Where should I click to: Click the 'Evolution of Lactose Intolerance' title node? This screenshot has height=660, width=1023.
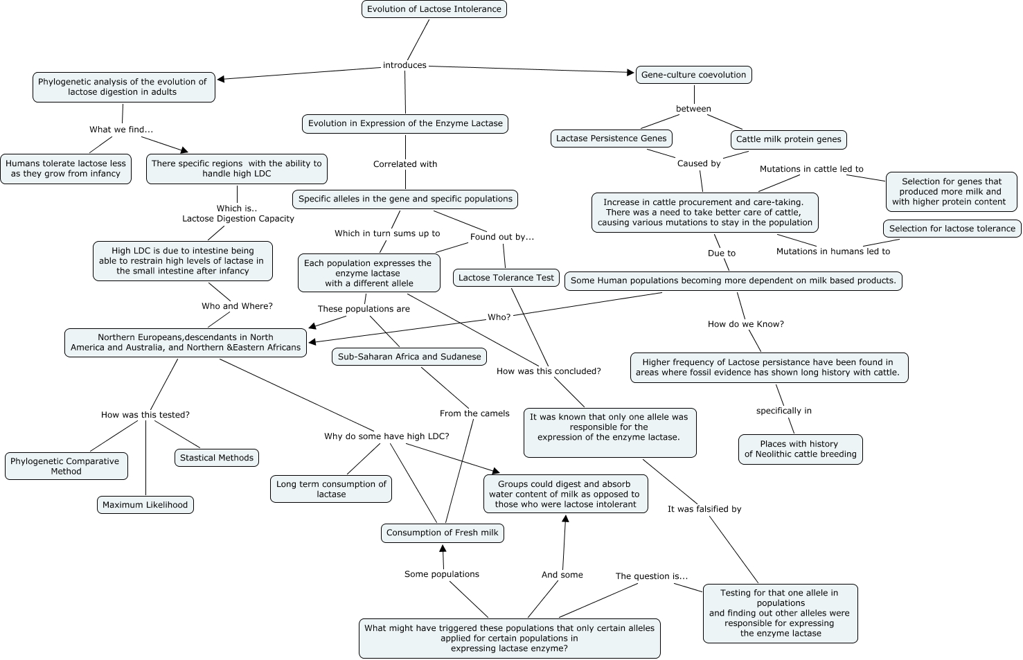pyautogui.click(x=434, y=9)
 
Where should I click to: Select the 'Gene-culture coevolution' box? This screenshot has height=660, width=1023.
pyautogui.click(x=693, y=75)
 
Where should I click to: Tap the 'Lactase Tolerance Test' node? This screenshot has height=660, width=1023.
pyautogui.click(x=506, y=278)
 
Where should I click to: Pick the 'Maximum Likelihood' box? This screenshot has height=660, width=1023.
pyautogui.click(x=145, y=505)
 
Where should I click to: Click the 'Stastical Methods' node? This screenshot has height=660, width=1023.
pyautogui.click(x=217, y=458)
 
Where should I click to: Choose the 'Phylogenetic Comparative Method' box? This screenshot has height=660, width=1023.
pyautogui.click(x=66, y=466)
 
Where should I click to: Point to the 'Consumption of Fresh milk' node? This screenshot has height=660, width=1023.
pyautogui.click(x=442, y=533)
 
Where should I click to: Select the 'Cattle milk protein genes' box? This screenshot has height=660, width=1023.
pyautogui.click(x=788, y=139)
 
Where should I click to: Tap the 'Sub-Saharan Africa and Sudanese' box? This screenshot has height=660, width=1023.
pyautogui.click(x=409, y=357)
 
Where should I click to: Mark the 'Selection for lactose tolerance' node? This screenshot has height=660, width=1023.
pyautogui.click(x=952, y=229)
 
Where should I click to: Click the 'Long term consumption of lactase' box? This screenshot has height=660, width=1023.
pyautogui.click(x=331, y=489)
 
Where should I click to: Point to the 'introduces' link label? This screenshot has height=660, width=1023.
pyautogui.click(x=404, y=65)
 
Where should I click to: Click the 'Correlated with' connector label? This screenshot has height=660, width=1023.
pyautogui.click(x=405, y=164)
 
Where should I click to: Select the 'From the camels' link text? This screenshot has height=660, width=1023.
pyautogui.click(x=474, y=413)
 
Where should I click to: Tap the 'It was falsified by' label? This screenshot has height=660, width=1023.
pyautogui.click(x=704, y=509)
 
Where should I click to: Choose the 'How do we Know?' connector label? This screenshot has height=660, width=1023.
pyautogui.click(x=745, y=324)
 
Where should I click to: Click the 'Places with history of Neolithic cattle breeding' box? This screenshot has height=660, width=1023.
pyautogui.click(x=800, y=449)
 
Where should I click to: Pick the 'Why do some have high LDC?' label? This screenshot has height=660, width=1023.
pyautogui.click(x=386, y=436)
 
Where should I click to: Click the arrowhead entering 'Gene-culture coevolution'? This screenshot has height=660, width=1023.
pyautogui.click(x=631, y=72)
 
